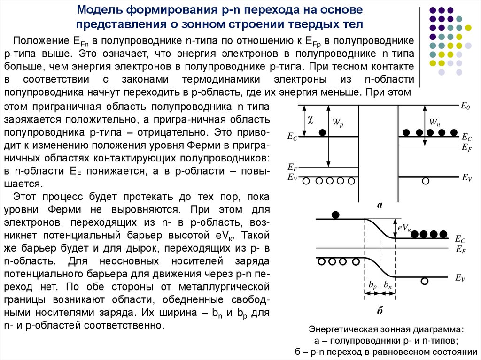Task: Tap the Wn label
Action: (x=434, y=123)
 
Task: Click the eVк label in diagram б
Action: (x=404, y=228)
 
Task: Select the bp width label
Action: (x=372, y=285)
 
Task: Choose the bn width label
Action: (x=388, y=285)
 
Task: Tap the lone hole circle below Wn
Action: (x=426, y=181)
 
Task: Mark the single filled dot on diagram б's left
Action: (x=335, y=215)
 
